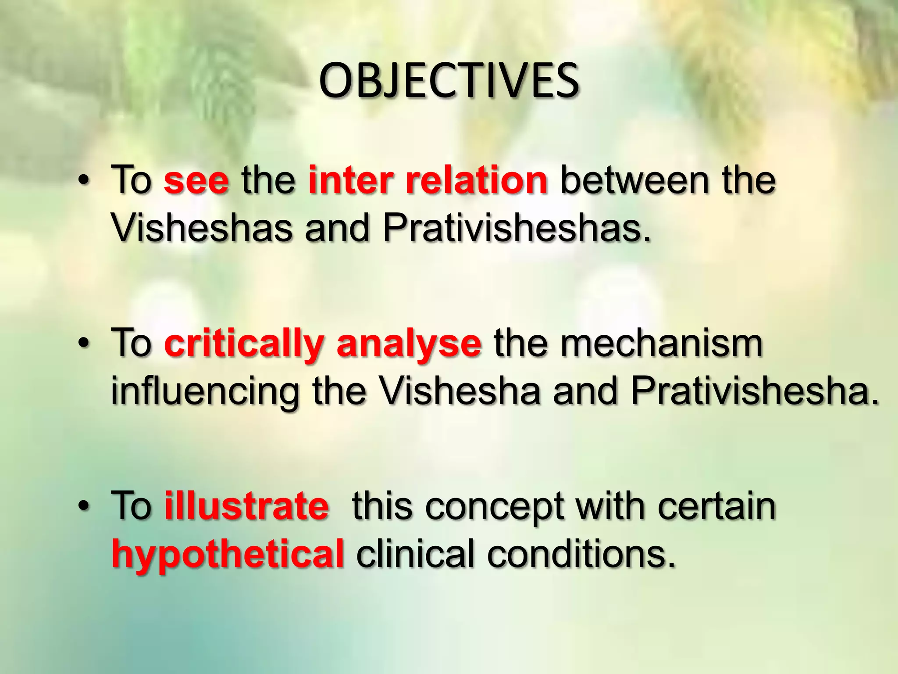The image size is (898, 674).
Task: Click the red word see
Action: pyautogui.click(x=196, y=181)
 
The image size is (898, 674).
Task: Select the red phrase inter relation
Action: pyautogui.click(x=428, y=180)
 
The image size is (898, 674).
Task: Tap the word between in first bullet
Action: pyautogui.click(x=634, y=180)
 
